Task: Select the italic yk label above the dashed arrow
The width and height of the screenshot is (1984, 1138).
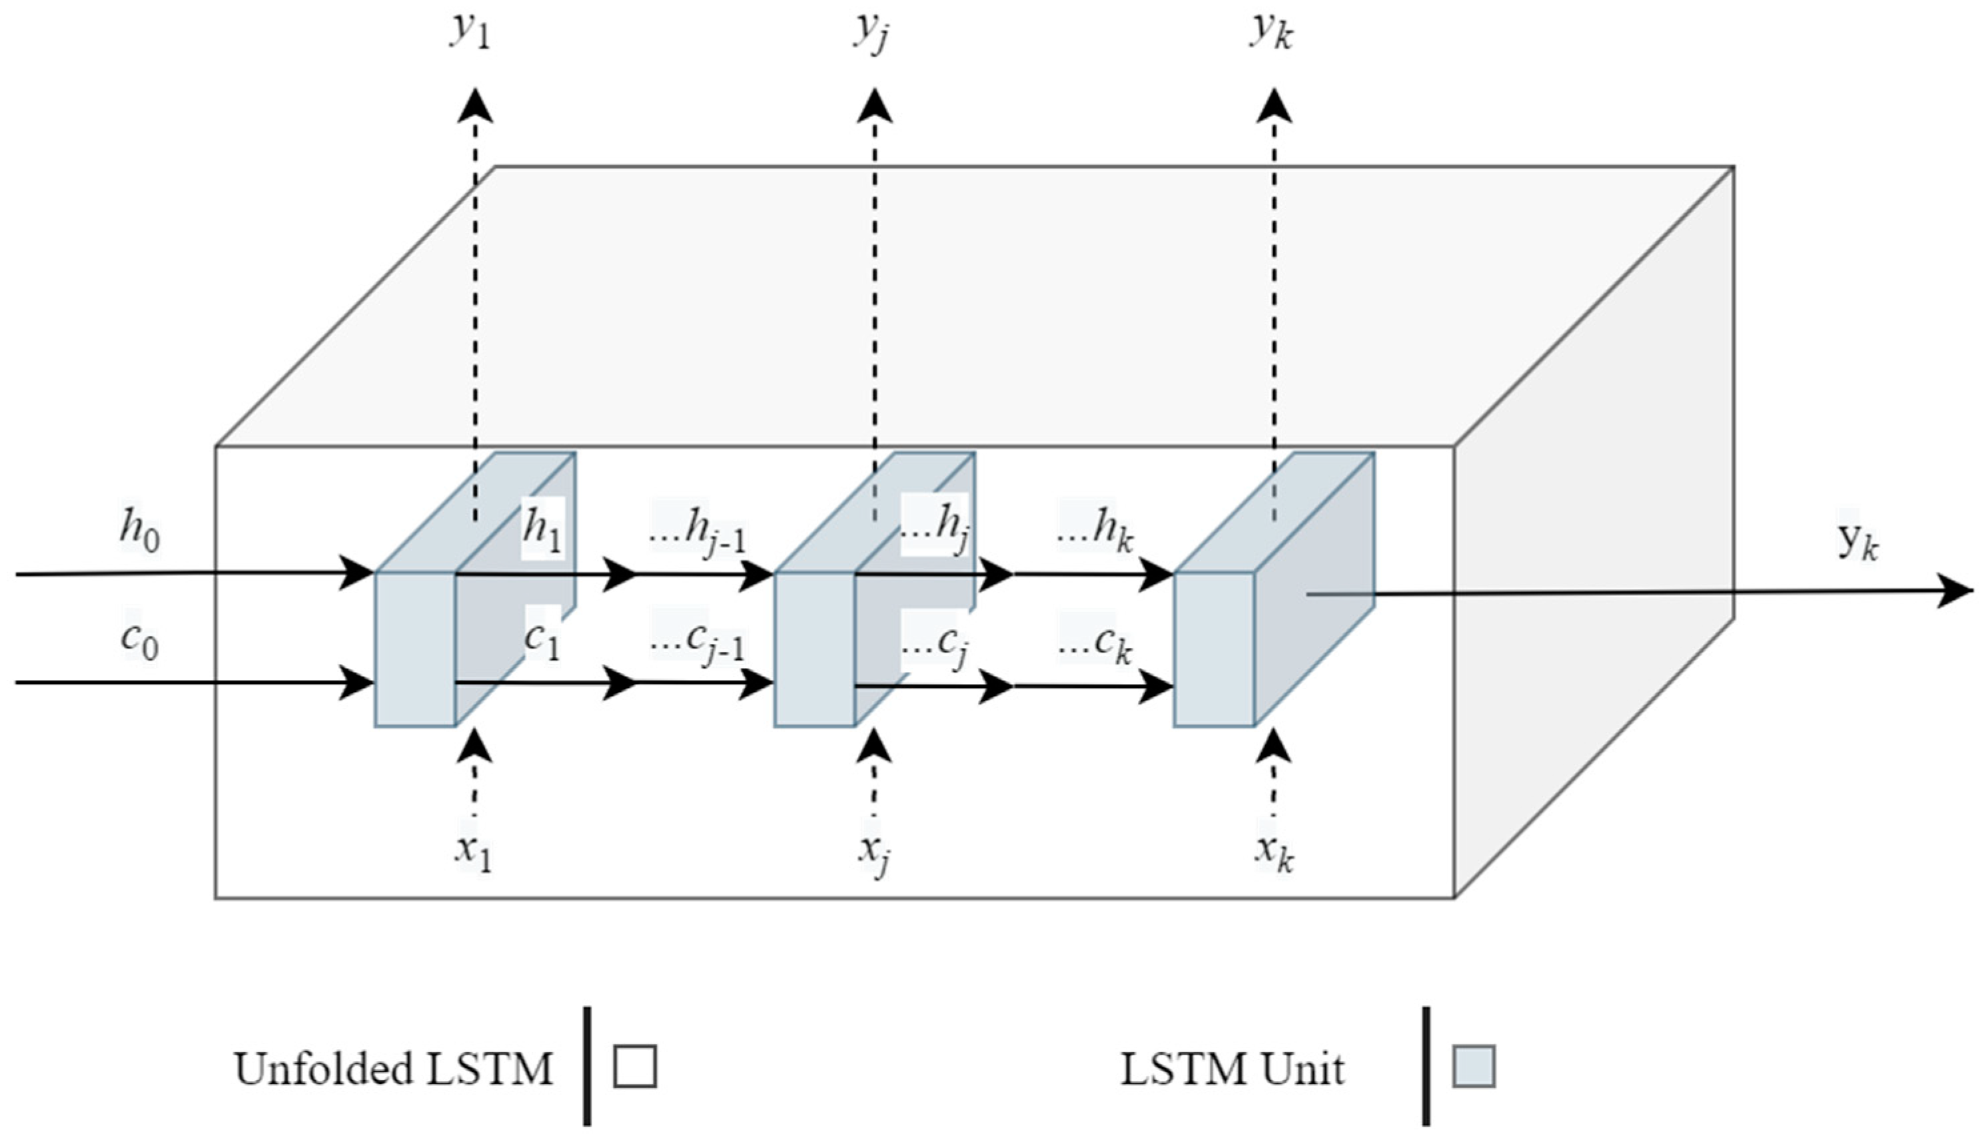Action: tap(1271, 33)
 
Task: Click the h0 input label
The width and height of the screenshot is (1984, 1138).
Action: tap(140, 533)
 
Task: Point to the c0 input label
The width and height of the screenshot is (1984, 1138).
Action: tap(140, 641)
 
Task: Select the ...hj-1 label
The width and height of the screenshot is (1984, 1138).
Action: tap(698, 533)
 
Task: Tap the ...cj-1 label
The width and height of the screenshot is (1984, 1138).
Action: tap(698, 643)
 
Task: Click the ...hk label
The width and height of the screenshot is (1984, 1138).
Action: tap(1096, 533)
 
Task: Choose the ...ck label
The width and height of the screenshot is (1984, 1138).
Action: tap(1096, 644)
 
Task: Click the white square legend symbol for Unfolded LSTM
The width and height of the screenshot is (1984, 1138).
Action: tap(635, 1067)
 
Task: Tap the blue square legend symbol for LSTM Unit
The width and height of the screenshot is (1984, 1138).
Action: tap(1474, 1067)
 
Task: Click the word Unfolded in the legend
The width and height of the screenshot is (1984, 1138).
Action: tap(324, 1069)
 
